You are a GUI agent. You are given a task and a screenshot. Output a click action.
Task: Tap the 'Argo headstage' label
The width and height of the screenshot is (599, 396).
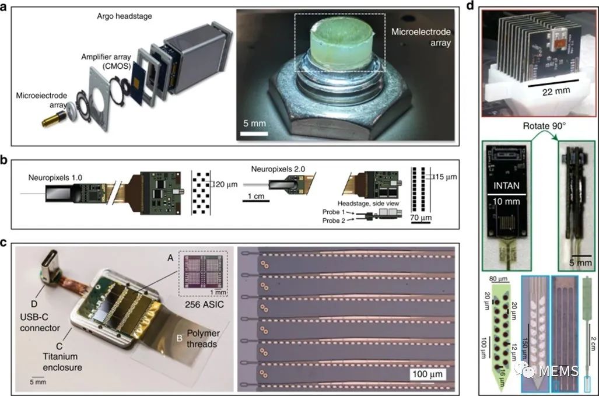[x=124, y=16]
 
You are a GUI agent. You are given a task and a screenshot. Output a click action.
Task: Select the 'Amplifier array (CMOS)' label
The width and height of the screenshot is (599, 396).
[x=106, y=61]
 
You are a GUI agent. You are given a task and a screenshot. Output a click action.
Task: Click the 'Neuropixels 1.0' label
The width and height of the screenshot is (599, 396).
[x=55, y=177]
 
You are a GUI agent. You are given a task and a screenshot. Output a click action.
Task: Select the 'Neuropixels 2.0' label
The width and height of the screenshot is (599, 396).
[x=278, y=169]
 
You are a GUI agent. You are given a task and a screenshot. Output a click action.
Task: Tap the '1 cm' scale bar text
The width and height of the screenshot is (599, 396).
[x=256, y=196]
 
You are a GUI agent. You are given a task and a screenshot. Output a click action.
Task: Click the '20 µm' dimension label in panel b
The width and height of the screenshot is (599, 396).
[x=225, y=184]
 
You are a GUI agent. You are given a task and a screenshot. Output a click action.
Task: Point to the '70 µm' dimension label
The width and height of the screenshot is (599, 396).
[x=421, y=218]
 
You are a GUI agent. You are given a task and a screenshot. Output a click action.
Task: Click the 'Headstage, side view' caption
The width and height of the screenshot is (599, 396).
[x=368, y=204]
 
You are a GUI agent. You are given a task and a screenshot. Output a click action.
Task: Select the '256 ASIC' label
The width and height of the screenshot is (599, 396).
[x=204, y=305]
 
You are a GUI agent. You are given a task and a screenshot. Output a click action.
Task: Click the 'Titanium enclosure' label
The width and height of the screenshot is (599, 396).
[x=62, y=362]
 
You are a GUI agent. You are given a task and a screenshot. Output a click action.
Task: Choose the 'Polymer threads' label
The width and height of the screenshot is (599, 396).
[x=203, y=338]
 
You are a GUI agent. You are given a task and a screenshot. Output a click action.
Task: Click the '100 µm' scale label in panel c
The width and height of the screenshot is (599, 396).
[x=428, y=374]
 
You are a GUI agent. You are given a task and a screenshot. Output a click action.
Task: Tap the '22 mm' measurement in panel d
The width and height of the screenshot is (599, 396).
[x=556, y=91]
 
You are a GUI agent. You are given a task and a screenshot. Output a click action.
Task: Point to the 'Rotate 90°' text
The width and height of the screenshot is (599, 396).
[x=544, y=125]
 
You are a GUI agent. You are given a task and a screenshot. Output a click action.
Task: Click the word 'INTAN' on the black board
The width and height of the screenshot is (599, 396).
[x=506, y=185]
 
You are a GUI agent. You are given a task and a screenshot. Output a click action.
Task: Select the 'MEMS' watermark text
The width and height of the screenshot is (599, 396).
[x=559, y=370]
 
